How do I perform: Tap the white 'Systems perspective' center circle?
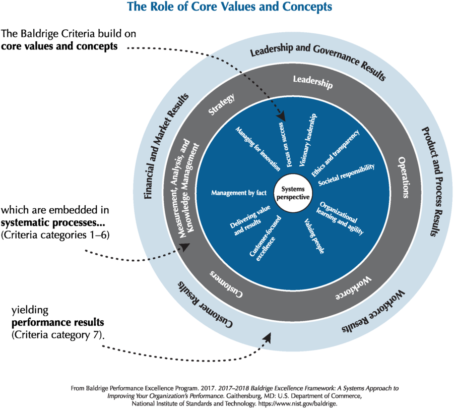tap(293, 192)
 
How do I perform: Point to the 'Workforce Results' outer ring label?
tap(373, 312)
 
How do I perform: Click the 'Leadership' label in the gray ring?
tap(312, 82)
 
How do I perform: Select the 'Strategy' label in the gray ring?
tap(222, 105)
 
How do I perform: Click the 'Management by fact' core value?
tap(235, 193)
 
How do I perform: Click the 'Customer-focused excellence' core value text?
tap(262, 242)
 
